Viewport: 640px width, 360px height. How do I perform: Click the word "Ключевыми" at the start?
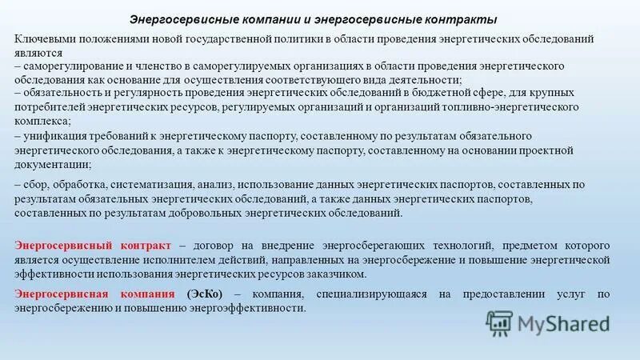tap(45, 39)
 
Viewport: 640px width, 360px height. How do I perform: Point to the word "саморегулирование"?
tap(71, 66)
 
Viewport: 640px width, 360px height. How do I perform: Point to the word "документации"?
tap(49, 164)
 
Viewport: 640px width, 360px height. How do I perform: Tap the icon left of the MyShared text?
tap(500, 323)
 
